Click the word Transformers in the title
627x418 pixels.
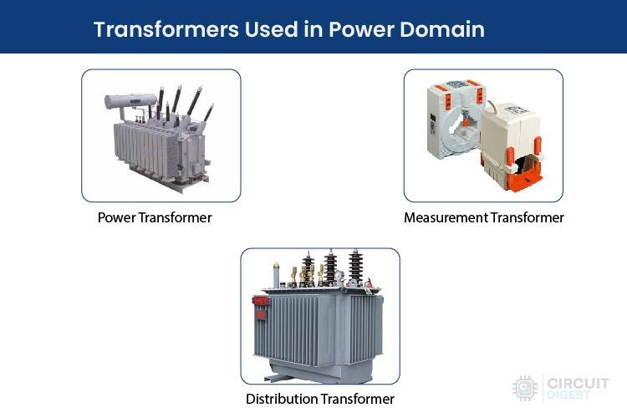tap(166, 29)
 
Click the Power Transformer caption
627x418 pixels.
tap(155, 217)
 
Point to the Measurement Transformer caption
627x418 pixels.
tap(484, 217)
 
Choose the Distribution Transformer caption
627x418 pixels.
tap(320, 399)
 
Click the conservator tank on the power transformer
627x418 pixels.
tap(130, 101)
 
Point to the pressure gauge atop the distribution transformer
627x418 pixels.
tap(339, 276)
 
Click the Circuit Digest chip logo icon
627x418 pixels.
tap(525, 388)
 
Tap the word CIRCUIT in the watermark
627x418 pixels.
tap(578, 384)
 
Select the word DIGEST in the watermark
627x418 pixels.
tap(568, 395)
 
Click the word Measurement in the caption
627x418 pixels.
tap(446, 217)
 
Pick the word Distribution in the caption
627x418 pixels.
tap(282, 399)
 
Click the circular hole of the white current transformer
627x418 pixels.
tap(463, 121)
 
